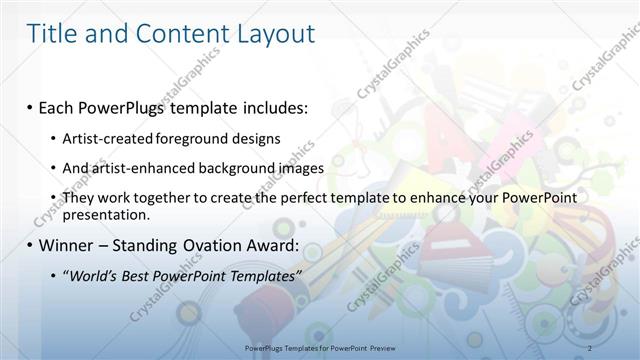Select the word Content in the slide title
(x=171, y=35)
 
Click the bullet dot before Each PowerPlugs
(x=32, y=106)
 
